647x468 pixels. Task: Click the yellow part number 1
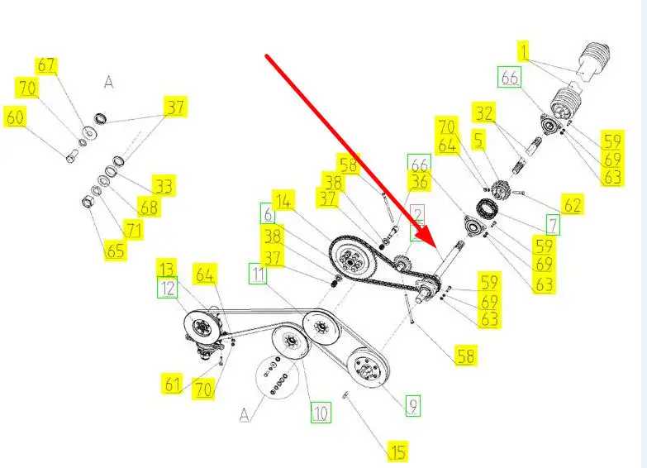(523, 52)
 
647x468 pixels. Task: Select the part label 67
(46, 65)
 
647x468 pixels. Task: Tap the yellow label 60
(16, 118)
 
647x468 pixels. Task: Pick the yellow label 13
(168, 269)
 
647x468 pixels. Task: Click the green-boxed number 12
(168, 288)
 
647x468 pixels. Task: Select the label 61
(172, 384)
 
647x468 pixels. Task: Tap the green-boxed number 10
(320, 411)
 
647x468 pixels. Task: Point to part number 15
(398, 451)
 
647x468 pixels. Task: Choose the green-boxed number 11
(259, 274)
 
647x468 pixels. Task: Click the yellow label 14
(283, 199)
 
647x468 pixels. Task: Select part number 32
(483, 112)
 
